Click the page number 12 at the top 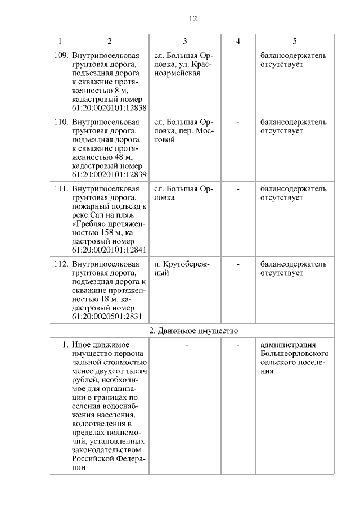[x=192, y=19]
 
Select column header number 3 [x=184, y=41]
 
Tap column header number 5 [x=295, y=41]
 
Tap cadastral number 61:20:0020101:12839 [x=109, y=174]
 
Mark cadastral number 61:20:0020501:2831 [x=106, y=317]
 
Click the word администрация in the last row [x=289, y=345]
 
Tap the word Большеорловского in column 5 [x=295, y=354]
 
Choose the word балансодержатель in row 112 [x=293, y=264]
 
